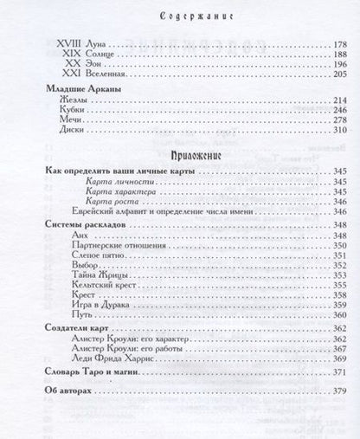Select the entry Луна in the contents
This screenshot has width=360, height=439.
point(89,42)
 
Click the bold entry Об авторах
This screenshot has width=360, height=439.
point(67,391)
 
